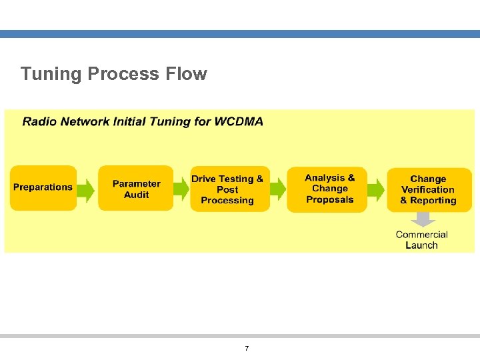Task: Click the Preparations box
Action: pos(43,188)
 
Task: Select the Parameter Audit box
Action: pos(136,189)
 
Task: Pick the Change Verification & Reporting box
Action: pos(429,190)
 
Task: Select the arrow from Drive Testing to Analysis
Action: pos(278,190)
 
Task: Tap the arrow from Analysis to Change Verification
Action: pos(377,190)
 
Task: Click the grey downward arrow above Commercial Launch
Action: pos(421,219)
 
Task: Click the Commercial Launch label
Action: pos(421,240)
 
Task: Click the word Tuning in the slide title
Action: pos(50,74)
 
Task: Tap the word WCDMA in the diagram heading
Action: pos(239,121)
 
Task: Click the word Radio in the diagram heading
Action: pos(39,121)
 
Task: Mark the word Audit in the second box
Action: pos(137,195)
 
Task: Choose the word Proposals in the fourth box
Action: pos(330,200)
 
